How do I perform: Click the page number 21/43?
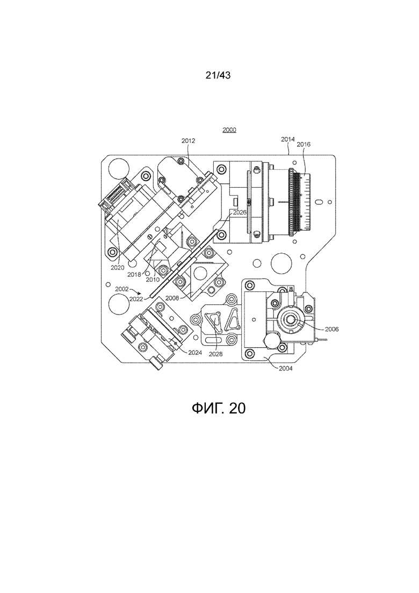pyautogui.click(x=218, y=76)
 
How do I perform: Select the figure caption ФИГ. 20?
pyautogui.click(x=218, y=408)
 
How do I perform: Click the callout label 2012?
pyautogui.click(x=188, y=141)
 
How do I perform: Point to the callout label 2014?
pyautogui.click(x=288, y=139)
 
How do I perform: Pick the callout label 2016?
pyautogui.click(x=303, y=144)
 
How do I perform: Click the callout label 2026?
pyautogui.click(x=239, y=213)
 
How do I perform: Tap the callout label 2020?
pyautogui.click(x=118, y=267)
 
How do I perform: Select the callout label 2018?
pyautogui.click(x=134, y=274)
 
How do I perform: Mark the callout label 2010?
pyautogui.click(x=153, y=280)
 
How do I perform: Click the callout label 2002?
pyautogui.click(x=122, y=289)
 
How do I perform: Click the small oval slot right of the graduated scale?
pyautogui.click(x=320, y=202)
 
